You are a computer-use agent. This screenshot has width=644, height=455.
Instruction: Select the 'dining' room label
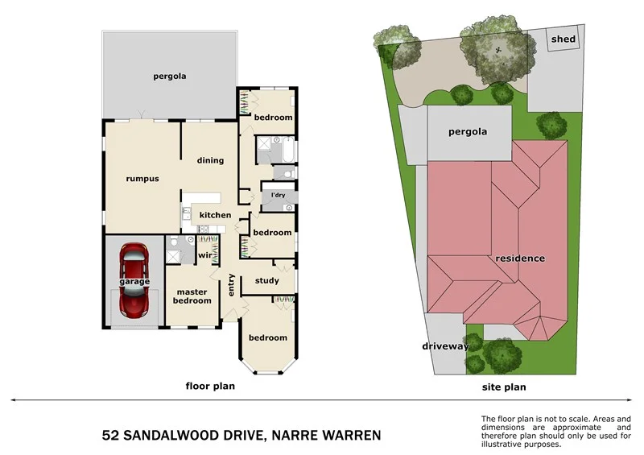tap(210, 160)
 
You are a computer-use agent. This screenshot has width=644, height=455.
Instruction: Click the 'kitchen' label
tap(215, 215)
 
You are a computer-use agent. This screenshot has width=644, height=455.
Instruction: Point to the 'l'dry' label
tap(278, 196)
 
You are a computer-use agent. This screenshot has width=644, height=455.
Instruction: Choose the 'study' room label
tap(266, 281)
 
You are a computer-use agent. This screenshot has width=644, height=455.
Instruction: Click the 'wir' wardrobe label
tap(204, 256)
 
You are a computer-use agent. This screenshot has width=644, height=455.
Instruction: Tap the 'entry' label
tap(231, 286)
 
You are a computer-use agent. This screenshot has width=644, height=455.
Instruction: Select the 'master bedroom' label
tap(192, 296)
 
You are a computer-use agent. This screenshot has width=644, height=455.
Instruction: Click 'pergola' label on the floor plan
tap(170, 77)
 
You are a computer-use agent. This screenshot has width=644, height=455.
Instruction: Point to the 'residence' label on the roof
tap(520, 259)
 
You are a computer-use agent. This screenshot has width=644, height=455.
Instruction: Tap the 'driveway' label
tap(445, 346)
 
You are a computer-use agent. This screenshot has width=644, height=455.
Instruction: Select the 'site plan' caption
tap(504, 387)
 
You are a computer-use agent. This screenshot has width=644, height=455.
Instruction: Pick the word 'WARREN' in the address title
tap(347, 436)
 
